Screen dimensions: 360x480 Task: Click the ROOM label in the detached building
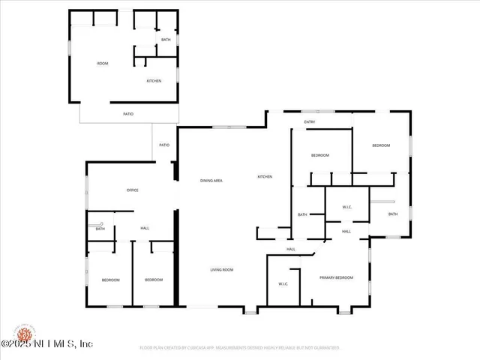click(x=103, y=64)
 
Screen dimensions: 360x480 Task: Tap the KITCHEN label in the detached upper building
click(x=154, y=81)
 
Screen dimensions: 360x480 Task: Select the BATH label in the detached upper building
click(x=166, y=40)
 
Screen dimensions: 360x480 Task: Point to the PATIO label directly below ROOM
click(x=128, y=114)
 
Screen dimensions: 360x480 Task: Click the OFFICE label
click(x=132, y=190)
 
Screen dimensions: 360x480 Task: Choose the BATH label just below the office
click(x=100, y=229)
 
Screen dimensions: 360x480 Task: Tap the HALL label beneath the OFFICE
click(x=145, y=229)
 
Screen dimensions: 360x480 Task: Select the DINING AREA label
click(x=211, y=181)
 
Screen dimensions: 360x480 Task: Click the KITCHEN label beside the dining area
click(x=265, y=177)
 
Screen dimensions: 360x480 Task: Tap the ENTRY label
click(x=309, y=121)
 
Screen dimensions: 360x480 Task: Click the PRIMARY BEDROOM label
click(x=336, y=277)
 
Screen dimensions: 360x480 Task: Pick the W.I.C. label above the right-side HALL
click(x=347, y=208)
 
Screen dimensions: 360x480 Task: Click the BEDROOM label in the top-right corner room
click(x=381, y=145)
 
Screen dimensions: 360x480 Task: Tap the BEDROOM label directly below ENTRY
click(x=320, y=155)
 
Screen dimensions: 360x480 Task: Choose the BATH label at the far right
click(x=393, y=214)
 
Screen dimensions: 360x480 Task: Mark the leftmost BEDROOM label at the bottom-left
click(x=110, y=280)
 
